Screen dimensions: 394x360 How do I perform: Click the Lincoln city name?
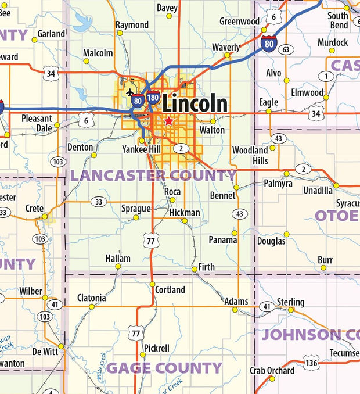tap(195, 103)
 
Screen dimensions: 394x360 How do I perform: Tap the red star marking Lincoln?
tap(168, 121)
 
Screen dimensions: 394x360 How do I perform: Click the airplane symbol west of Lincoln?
tap(129, 93)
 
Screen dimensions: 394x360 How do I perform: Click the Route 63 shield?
tap(285, 50)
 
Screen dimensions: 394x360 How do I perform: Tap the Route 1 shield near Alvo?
tap(326, 76)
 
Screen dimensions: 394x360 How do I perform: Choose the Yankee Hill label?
tap(141, 148)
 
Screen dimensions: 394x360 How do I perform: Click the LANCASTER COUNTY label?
tap(154, 175)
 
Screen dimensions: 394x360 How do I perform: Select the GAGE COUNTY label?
tap(164, 367)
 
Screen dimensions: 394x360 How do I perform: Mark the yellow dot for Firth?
tap(195, 269)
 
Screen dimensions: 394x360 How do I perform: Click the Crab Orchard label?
tap(272, 370)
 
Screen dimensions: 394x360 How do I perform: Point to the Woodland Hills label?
tap(250, 155)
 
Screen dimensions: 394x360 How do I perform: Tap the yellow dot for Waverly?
tap(227, 55)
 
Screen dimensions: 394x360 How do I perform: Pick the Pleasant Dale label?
tap(37, 123)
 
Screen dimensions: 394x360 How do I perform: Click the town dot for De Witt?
tap(60, 346)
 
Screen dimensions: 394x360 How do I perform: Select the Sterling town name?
tap(290, 302)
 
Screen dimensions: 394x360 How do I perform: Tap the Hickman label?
tap(185, 213)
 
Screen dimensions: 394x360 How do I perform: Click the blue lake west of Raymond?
tap(83, 24)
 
